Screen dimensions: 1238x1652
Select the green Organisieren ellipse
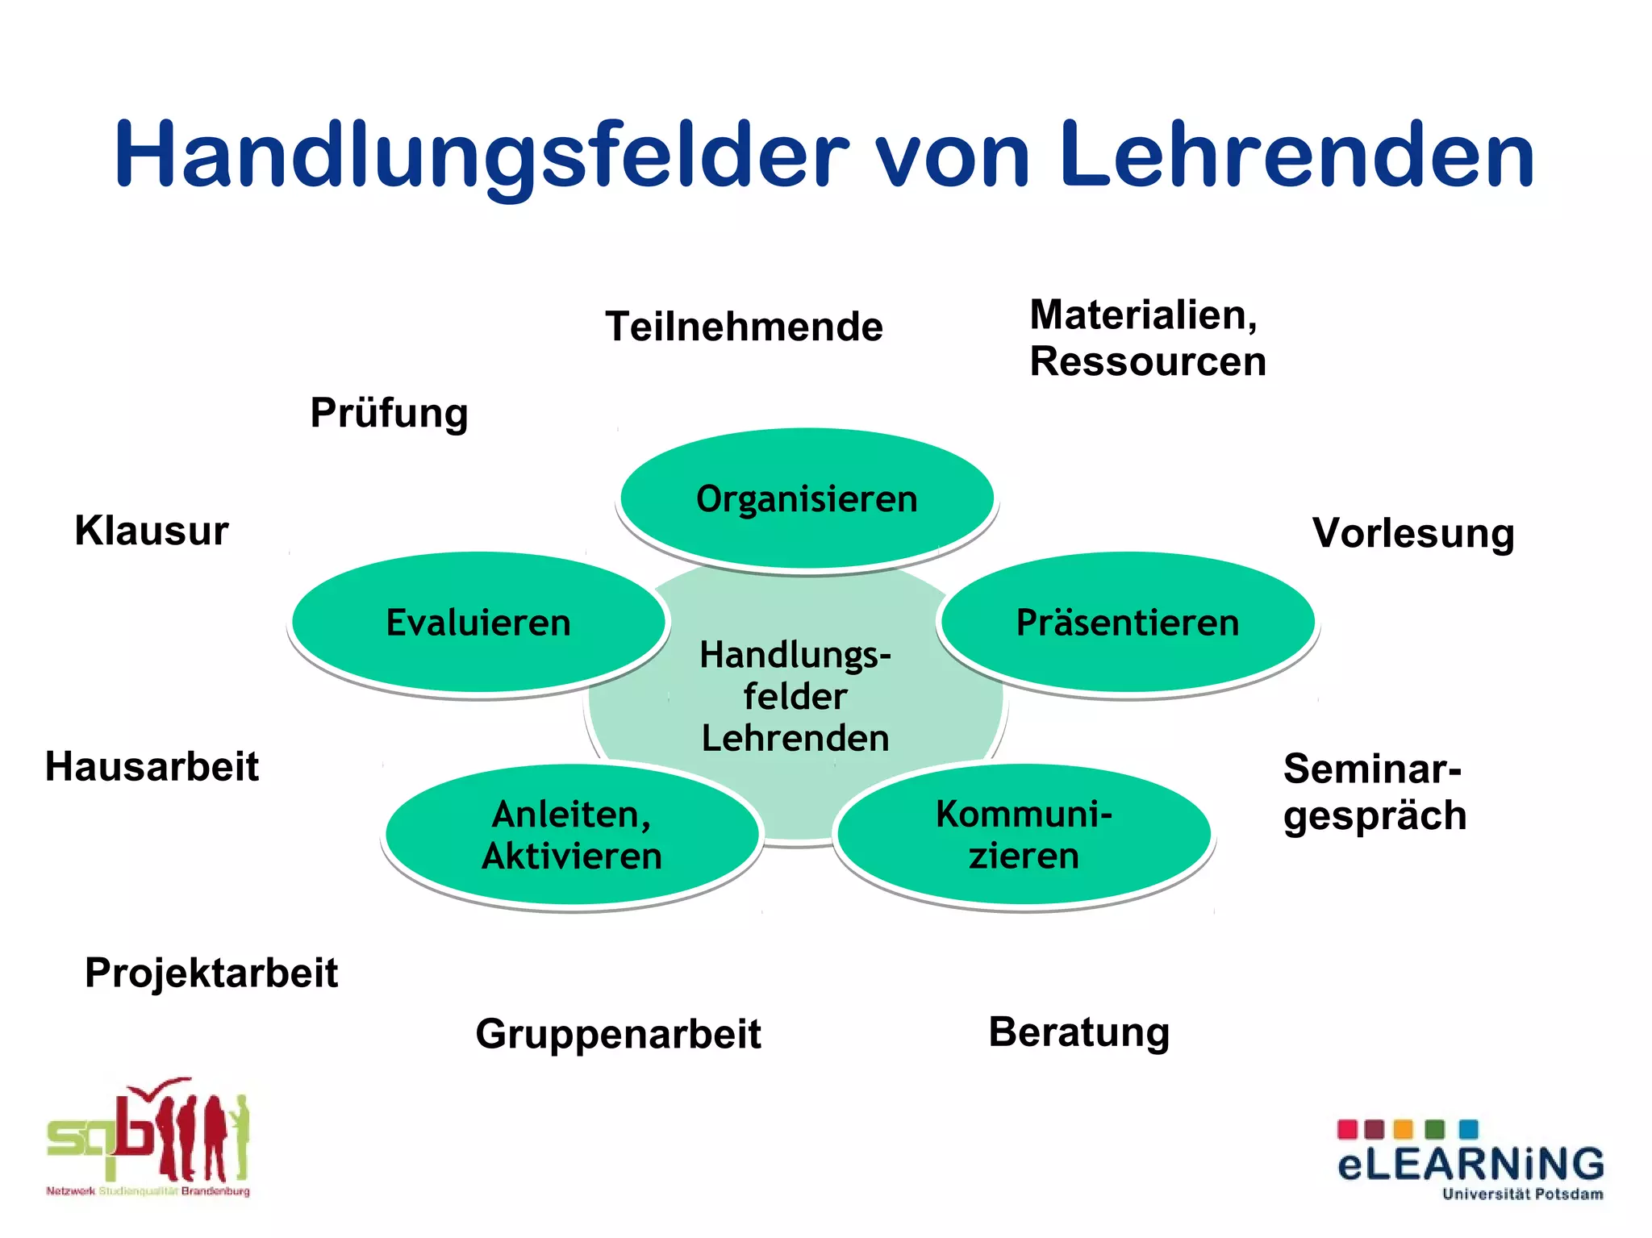click(807, 498)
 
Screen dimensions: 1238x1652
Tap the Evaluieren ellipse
click(478, 623)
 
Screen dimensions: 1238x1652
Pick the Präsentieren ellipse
click(1128, 623)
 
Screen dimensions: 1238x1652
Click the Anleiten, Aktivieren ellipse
click(572, 835)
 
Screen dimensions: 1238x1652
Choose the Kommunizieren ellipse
click(1024, 835)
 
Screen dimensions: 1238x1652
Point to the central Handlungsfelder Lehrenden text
click(795, 696)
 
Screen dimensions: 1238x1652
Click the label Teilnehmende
click(744, 327)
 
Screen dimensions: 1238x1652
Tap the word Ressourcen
click(1148, 361)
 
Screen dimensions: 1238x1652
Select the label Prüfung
click(389, 413)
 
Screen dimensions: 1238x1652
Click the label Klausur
click(152, 531)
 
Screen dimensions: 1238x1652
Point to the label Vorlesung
click(1413, 533)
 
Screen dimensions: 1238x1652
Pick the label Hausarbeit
click(152, 766)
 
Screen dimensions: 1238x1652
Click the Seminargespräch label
click(1374, 791)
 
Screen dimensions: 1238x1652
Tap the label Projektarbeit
click(211, 972)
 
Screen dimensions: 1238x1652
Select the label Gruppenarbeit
click(618, 1034)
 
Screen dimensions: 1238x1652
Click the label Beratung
click(1078, 1032)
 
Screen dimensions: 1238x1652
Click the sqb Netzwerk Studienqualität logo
click(148, 1138)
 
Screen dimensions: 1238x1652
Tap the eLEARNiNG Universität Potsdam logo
click(1470, 1159)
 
